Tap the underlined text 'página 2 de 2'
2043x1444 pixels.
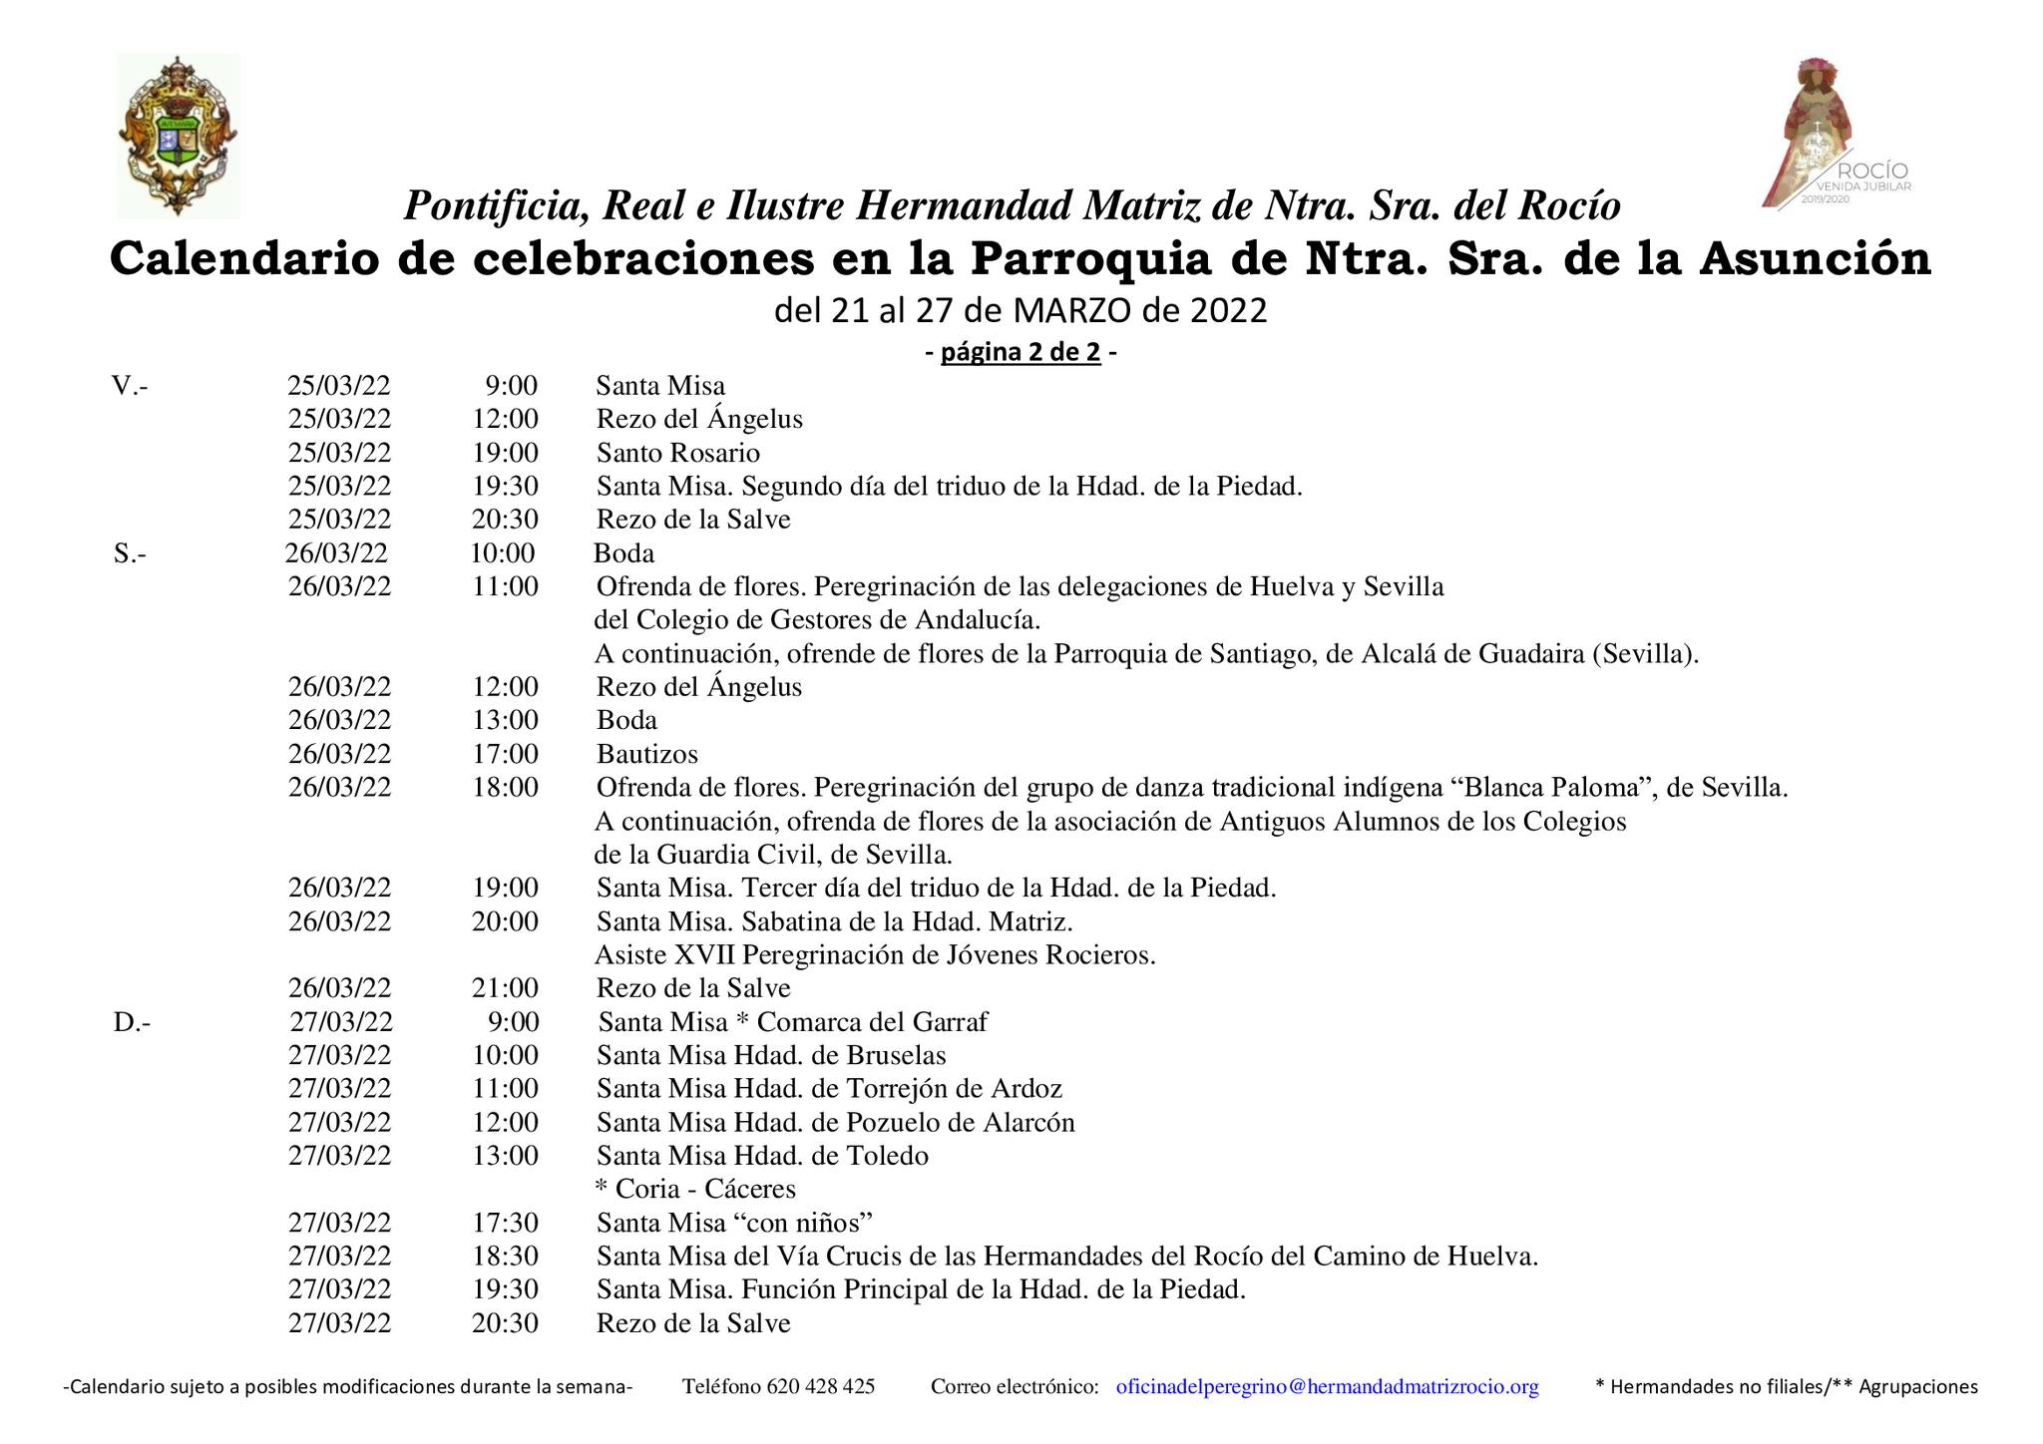[x=1021, y=353]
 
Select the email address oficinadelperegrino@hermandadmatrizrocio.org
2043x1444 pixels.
[x=1327, y=1386]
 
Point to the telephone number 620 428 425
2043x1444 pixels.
[x=820, y=1386]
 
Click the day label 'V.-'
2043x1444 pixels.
[x=131, y=386]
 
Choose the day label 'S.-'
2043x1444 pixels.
[x=130, y=553]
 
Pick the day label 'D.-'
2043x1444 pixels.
[x=132, y=1022]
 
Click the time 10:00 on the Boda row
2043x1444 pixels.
[x=503, y=553]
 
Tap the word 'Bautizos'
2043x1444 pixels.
[x=647, y=754]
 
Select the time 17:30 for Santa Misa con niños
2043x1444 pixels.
[x=506, y=1223]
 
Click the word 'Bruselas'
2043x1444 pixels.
[x=896, y=1055]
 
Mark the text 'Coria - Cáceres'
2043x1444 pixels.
[x=705, y=1189]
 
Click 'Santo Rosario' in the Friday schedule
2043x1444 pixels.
[x=678, y=453]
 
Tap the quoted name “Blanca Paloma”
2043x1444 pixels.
[x=1550, y=788]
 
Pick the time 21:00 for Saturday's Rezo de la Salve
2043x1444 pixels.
[x=506, y=988]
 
